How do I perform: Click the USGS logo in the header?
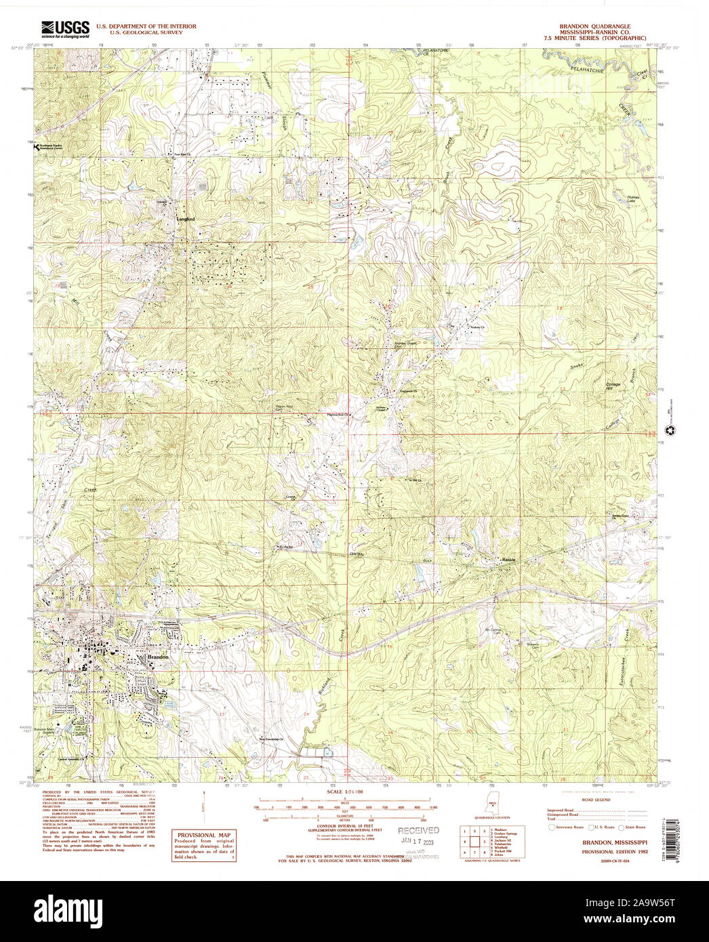click(x=65, y=28)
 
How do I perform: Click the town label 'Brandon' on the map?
click(x=157, y=657)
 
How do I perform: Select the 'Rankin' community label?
click(x=509, y=560)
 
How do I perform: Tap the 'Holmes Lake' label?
click(x=632, y=199)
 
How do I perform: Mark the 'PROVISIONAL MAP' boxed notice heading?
click(x=203, y=835)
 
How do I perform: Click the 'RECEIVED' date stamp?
click(x=418, y=830)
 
